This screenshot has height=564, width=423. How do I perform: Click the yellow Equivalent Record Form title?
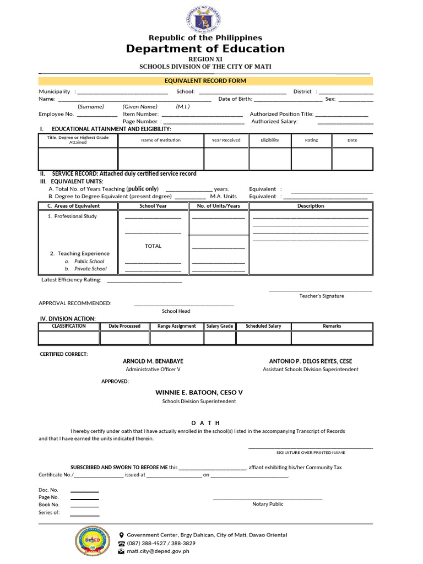click(x=205, y=81)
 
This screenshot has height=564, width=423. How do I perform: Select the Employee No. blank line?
click(x=97, y=114)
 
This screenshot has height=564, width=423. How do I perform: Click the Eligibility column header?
click(x=270, y=140)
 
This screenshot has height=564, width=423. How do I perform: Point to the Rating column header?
click(x=311, y=140)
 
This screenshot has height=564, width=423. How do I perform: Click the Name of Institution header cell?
click(x=160, y=140)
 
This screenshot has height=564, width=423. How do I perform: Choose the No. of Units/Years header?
click(x=218, y=206)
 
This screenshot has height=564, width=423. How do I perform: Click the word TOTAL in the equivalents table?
click(x=153, y=246)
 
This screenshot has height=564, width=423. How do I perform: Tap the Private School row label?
click(x=90, y=269)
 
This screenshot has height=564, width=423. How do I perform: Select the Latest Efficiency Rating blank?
click(x=144, y=280)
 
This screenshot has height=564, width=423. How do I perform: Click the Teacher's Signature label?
click(x=322, y=296)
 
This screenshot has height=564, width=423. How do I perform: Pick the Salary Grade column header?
click(x=220, y=326)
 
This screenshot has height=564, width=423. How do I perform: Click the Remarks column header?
click(x=332, y=326)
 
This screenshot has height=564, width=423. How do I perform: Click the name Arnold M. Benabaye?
click(x=153, y=361)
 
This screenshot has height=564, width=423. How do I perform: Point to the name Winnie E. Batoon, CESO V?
click(x=199, y=392)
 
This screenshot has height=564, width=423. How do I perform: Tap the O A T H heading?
click(x=205, y=422)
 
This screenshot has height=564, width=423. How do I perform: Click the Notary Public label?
click(x=268, y=504)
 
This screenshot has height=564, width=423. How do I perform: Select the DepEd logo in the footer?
click(x=93, y=541)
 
